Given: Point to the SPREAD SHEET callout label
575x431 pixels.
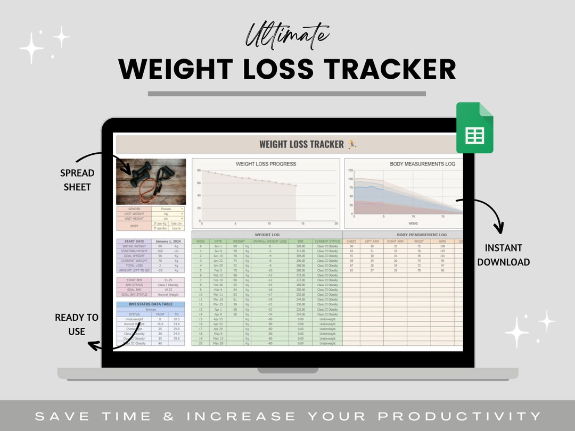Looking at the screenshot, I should click(77, 180).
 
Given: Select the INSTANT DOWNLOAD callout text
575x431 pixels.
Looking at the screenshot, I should click(503, 255).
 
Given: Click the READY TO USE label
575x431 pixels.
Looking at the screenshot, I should click(77, 324).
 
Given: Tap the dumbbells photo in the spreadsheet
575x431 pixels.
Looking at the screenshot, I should click(151, 181).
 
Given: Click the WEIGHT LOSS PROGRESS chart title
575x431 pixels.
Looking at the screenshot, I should click(266, 164).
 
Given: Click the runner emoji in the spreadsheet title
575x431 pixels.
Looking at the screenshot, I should click(352, 144).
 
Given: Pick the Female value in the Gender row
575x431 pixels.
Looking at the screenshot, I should click(166, 209).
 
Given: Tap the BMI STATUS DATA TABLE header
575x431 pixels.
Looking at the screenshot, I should click(151, 304).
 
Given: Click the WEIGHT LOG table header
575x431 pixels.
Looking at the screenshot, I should click(266, 235).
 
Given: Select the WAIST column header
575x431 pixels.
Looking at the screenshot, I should click(419, 241).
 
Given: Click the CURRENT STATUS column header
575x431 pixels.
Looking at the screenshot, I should click(327, 241).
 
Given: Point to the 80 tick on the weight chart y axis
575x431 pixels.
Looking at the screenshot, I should click(198, 171).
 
